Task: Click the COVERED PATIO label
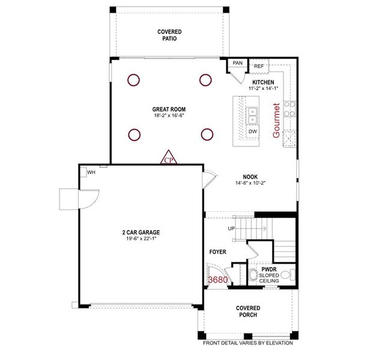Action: (169, 35)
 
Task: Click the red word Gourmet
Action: (276, 121)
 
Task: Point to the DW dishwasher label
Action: (252, 131)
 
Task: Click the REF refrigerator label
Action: (259, 66)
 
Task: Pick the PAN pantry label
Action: (238, 62)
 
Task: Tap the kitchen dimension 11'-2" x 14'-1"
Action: (263, 88)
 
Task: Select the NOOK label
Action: (250, 176)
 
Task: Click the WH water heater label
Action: (91, 172)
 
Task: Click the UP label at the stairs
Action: (231, 229)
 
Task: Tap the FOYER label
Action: (217, 252)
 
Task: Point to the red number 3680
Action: (217, 280)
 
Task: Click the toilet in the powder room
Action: (253, 276)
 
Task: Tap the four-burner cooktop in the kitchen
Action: (290, 109)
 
